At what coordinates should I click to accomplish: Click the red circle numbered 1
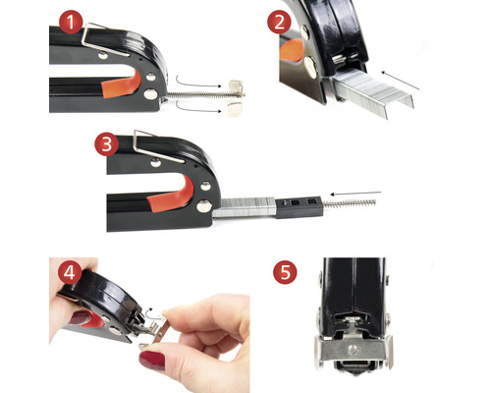(71, 22)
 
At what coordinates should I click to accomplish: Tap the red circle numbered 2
(279, 23)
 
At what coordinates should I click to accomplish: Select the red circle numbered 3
(107, 144)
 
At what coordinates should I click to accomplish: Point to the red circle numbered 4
(70, 272)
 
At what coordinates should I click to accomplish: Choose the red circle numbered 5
(285, 272)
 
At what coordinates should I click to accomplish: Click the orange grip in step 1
(121, 85)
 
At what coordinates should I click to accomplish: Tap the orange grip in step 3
(170, 195)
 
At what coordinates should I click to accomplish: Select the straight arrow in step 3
(355, 194)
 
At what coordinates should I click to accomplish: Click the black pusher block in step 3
(299, 207)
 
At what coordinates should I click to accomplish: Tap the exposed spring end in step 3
(350, 203)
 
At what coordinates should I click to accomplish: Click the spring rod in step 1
(203, 95)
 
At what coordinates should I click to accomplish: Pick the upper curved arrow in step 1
(199, 83)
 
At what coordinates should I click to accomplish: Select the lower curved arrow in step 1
(199, 107)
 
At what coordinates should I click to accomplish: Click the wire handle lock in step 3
(157, 147)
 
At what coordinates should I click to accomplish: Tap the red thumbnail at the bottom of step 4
(152, 361)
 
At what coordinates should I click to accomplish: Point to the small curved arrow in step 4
(150, 312)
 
